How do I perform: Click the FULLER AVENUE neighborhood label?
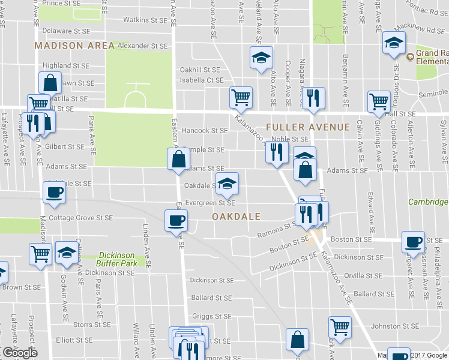307,127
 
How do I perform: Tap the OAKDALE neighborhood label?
236,216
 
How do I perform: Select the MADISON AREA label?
74,46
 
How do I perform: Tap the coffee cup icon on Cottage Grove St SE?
176,220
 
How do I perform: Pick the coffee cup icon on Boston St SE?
413,241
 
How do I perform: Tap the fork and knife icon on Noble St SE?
277,151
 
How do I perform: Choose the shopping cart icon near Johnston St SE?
340,328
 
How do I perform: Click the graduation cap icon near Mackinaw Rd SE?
394,42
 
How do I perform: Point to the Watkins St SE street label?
140,20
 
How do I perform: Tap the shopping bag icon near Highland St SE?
51,82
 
